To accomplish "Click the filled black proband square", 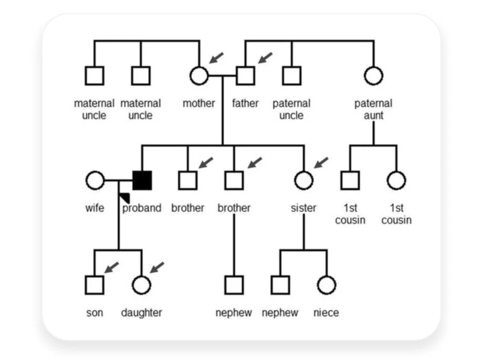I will pyautogui.click(x=142, y=180).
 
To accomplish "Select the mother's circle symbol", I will pyautogui.click(x=198, y=75).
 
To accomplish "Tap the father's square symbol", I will pyautogui.click(x=245, y=75).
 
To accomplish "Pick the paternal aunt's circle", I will pyautogui.click(x=373, y=75).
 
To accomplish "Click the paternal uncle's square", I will pyautogui.click(x=291, y=75).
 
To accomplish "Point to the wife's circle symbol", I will pyautogui.click(x=95, y=180).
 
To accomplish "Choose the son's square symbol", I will pyautogui.click(x=95, y=285).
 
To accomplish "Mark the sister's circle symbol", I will pyautogui.click(x=303, y=180).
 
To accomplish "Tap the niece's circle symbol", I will pyautogui.click(x=326, y=285).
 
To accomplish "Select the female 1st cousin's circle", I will pyautogui.click(x=396, y=180).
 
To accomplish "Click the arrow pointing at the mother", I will pyautogui.click(x=216, y=57).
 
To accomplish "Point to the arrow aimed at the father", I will pyautogui.click(x=265, y=57).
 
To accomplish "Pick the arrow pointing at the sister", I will pyautogui.click(x=320, y=162).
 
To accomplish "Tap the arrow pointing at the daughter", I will pyautogui.click(x=157, y=267).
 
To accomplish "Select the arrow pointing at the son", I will pyautogui.click(x=111, y=267).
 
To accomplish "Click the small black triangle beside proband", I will pyautogui.click(x=125, y=197).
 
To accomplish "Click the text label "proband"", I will pyautogui.click(x=142, y=208).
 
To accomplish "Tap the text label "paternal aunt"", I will pyautogui.click(x=373, y=109).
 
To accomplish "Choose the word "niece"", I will pyautogui.click(x=326, y=313).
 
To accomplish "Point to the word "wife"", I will pyautogui.click(x=95, y=208).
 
